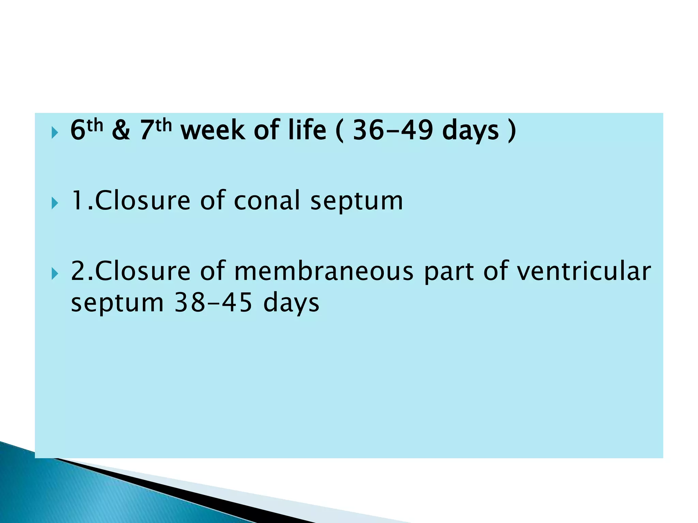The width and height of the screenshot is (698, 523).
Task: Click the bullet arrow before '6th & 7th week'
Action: click(x=55, y=132)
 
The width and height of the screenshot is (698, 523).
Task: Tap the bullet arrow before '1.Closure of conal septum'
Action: click(x=55, y=203)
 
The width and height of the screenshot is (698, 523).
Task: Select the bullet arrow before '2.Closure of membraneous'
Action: click(x=55, y=273)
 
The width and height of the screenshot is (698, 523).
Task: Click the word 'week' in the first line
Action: click(x=212, y=130)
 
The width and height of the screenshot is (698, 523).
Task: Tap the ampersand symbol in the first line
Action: click(x=121, y=130)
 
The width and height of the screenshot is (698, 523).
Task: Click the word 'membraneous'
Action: click(x=324, y=271)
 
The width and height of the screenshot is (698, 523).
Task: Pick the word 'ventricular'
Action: click(x=583, y=271)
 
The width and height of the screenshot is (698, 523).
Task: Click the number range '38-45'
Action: click(x=213, y=302)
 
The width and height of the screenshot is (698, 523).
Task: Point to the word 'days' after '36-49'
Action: click(x=470, y=130)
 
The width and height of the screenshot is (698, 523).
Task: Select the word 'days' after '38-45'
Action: click(x=291, y=302)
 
